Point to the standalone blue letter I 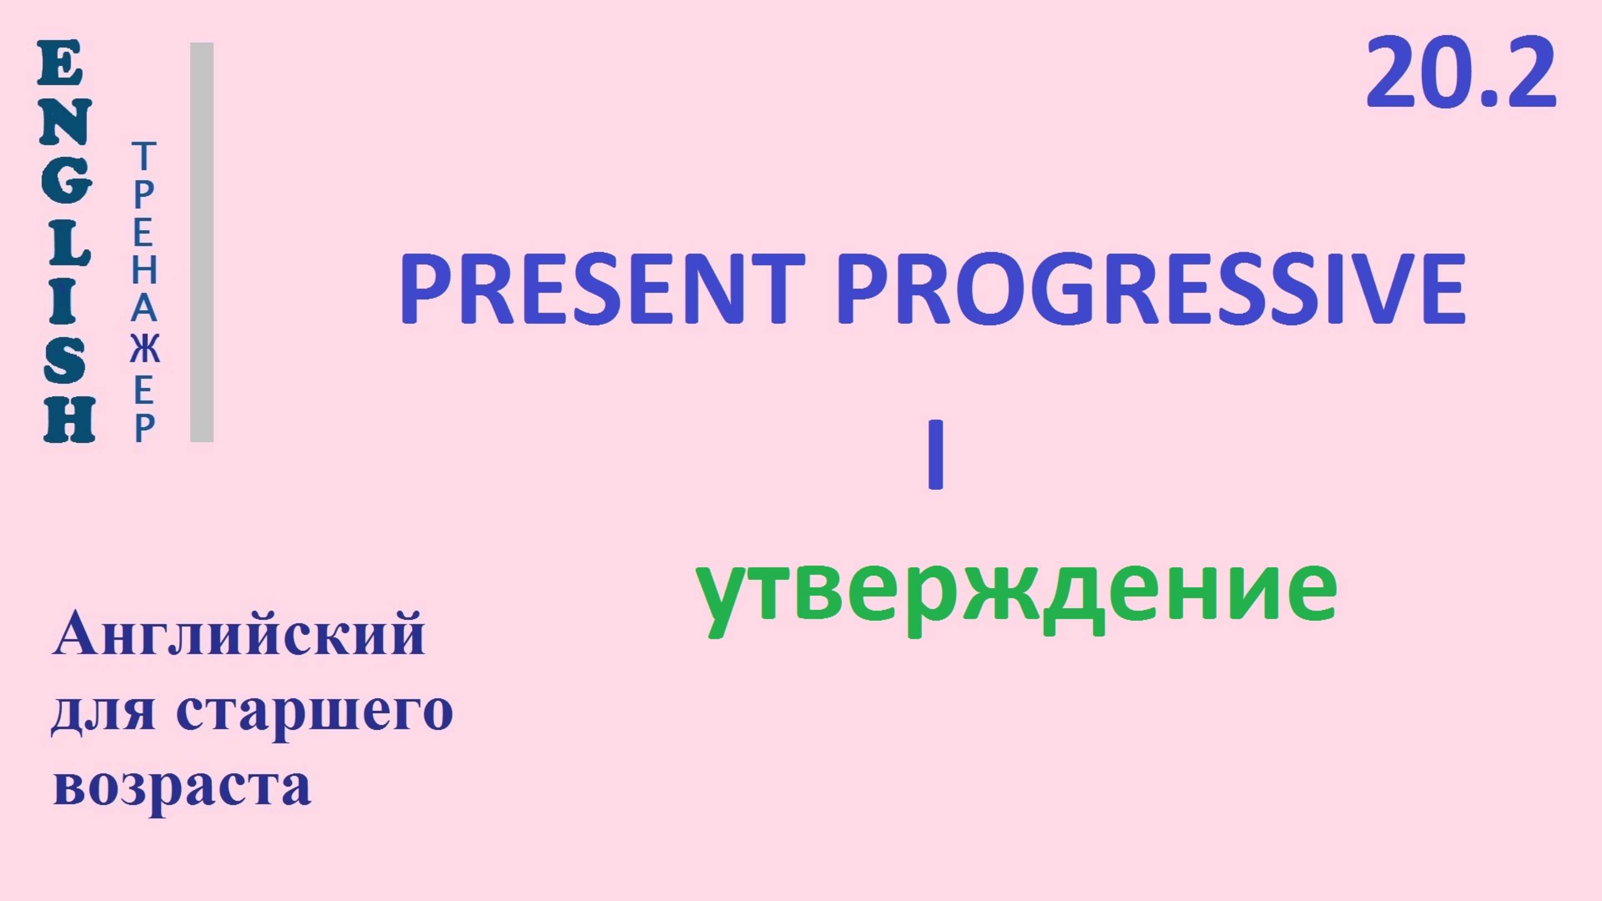point(935,454)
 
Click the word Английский point(239,634)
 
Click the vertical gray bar point(201,242)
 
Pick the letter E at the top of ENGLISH point(60,63)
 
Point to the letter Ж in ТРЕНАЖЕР point(144,350)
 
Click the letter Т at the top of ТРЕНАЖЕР point(144,156)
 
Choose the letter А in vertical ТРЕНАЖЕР point(144,309)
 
